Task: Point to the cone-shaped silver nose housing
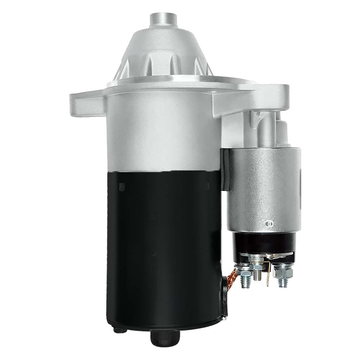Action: [162, 57]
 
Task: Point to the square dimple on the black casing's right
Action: [206, 186]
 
